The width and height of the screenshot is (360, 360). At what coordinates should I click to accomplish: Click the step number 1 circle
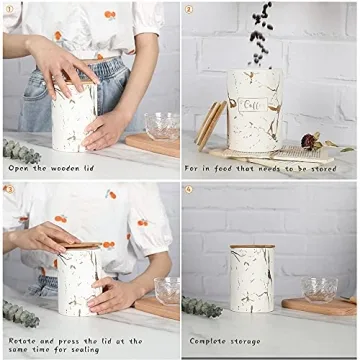pos(9,10)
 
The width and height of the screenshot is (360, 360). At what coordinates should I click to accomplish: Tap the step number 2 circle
pos(189,10)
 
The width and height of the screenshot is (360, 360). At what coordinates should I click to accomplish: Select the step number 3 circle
pos(9,189)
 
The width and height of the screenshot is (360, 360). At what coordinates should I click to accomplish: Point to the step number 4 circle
pos(189,189)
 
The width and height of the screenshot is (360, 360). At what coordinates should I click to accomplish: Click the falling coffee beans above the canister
pos(262,30)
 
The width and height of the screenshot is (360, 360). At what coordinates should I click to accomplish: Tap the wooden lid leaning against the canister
pos(210,125)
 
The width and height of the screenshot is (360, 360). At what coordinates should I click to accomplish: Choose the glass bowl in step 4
pos(319,289)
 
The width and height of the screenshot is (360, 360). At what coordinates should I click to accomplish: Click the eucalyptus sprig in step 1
pos(20,150)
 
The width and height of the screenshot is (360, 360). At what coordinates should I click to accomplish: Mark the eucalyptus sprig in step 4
pos(201,307)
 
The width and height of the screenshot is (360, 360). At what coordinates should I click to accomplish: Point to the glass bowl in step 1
pos(161,125)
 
